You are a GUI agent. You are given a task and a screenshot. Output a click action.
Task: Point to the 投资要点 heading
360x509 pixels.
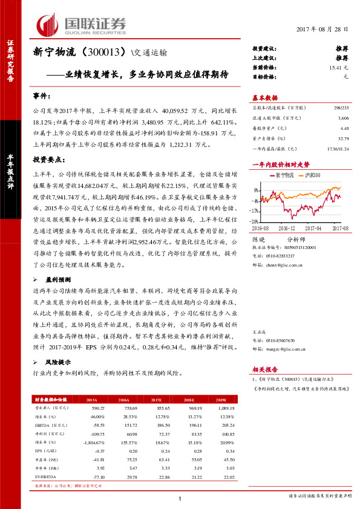(48, 159)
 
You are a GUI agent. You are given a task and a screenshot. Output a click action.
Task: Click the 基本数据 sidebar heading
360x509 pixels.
(264, 97)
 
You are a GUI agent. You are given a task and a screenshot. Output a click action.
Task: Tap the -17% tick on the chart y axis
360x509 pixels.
(257, 211)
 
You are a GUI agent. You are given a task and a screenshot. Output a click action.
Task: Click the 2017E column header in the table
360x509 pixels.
(156, 400)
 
